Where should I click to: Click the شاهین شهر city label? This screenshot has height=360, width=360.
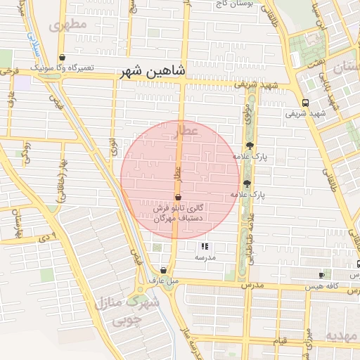pyautogui.click(x=155, y=71)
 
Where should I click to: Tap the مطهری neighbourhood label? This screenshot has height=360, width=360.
pyautogui.click(x=68, y=25)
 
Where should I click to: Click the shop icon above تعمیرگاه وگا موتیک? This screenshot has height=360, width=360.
pyautogui.click(x=63, y=58)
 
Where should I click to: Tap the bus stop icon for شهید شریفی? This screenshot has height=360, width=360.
pyautogui.click(x=304, y=103)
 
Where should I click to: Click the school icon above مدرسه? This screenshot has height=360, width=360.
pyautogui.click(x=205, y=246)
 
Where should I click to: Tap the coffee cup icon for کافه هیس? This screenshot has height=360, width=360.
pyautogui.click(x=322, y=275)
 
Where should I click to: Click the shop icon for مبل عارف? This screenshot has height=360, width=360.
pyautogui.click(x=163, y=270)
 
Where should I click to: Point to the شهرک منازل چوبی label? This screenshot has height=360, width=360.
pyautogui.click(x=127, y=311)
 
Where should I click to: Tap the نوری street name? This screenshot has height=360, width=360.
pyautogui.click(x=113, y=146)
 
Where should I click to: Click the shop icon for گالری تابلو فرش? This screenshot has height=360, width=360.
pyautogui.click(x=179, y=196)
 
